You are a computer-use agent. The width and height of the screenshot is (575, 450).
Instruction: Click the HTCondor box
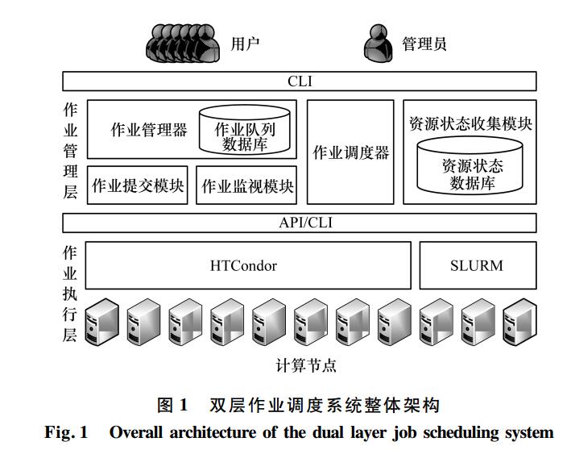pos(248,265)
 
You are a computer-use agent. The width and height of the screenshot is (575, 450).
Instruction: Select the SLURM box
pos(478,265)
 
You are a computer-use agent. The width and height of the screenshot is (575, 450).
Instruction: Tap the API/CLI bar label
pos(305,223)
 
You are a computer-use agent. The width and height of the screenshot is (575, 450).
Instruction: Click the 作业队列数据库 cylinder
pos(245,130)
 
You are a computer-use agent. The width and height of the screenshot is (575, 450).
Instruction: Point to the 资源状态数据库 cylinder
pos(470,165)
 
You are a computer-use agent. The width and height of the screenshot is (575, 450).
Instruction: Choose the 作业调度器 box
pos(350,152)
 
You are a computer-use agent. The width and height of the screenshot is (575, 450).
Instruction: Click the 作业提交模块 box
pos(138,185)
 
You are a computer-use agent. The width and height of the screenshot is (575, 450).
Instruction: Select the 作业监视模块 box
pos(246,185)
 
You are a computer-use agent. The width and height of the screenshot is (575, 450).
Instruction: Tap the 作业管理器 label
pos(149,130)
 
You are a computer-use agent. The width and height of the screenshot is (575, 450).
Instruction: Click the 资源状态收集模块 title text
pos(470,123)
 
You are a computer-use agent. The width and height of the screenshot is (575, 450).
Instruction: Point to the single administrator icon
pos(379,43)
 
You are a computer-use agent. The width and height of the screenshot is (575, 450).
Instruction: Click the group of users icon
pos(183,43)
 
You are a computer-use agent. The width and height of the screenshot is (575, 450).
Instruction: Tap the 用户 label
pos(245,44)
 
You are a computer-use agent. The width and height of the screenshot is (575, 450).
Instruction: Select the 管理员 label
pos(424,44)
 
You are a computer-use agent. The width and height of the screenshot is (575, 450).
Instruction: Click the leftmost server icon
pos(102,322)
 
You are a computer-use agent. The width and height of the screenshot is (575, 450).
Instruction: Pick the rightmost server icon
pos(519,322)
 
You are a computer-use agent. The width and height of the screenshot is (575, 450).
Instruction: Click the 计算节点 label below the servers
pos(306,365)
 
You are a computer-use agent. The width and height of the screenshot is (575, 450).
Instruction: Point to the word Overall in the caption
pos(135,432)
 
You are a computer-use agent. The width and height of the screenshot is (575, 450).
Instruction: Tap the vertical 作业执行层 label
pos(70,294)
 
